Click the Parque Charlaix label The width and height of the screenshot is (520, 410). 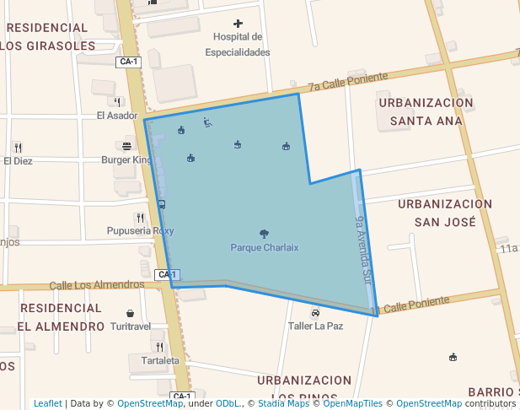point(265,247)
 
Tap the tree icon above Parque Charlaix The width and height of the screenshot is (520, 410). point(265,234)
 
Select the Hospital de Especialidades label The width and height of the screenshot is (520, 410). point(238,45)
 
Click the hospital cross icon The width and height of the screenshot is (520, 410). point(239,24)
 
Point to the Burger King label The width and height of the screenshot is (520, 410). point(126,159)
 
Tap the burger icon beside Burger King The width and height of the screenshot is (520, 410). point(126,146)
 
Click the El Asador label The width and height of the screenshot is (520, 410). point(116,116)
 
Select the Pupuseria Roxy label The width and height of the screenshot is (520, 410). point(141,231)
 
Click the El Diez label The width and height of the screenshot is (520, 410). point(18,160)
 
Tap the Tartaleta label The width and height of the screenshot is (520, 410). point(161,360)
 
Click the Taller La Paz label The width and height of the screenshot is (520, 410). point(315,326)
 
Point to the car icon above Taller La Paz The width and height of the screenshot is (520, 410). point(315,312)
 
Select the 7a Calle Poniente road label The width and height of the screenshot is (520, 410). point(347,81)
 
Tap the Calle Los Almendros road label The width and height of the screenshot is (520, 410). point(97,285)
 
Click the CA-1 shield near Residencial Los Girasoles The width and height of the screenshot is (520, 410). point(128,62)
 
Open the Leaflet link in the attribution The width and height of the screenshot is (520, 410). point(47,403)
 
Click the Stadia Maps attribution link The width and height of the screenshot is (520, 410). point(283,403)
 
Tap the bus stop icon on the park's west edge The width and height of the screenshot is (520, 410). point(161,204)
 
